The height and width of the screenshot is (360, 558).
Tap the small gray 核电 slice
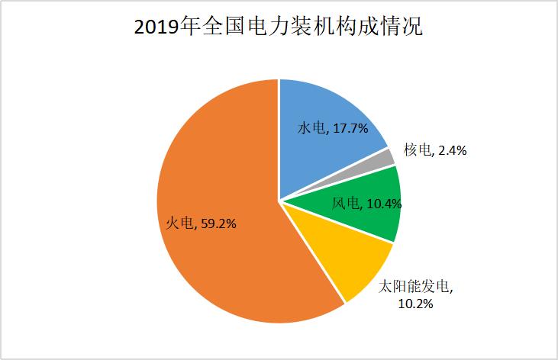coord(388,157)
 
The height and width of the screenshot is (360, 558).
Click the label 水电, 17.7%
coord(332,129)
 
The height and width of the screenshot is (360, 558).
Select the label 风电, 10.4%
coord(366,203)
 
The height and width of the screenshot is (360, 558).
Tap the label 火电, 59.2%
coord(201,223)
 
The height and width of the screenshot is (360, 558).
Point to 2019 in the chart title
coord(156,28)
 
